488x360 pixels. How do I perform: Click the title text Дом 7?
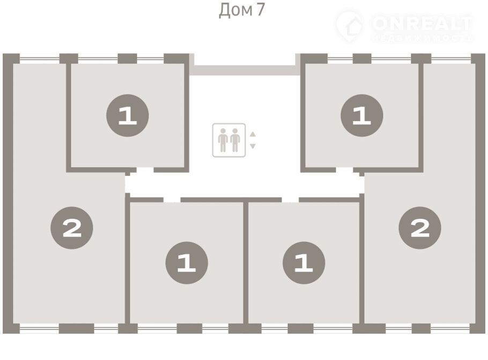(241, 10)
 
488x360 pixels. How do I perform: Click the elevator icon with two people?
(229, 140)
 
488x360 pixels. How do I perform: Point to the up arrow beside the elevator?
(253, 135)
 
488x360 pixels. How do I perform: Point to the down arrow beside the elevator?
(253, 145)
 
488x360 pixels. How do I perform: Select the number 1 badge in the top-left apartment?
(127, 115)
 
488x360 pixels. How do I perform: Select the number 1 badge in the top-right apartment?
(362, 115)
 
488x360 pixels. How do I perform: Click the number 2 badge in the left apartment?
(72, 229)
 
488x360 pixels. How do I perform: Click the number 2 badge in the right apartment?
(420, 229)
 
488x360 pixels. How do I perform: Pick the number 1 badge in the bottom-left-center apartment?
(187, 263)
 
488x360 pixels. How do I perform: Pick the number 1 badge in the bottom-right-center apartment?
(304, 263)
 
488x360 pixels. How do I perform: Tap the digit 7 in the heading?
(260, 10)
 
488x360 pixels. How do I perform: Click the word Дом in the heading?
(234, 10)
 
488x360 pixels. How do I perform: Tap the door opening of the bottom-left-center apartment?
(172, 199)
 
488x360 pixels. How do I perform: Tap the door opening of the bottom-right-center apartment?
(290, 199)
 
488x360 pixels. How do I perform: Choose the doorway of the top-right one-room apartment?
(345, 170)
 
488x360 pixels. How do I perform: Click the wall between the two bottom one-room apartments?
(246, 263)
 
